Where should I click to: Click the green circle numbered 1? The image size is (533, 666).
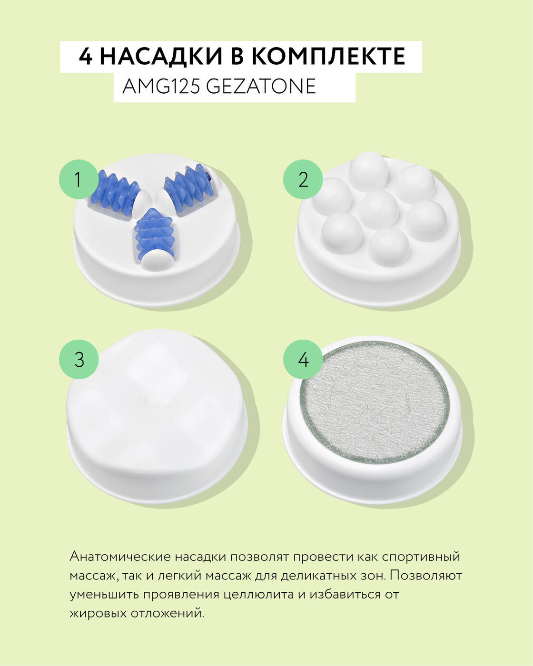click(x=79, y=179)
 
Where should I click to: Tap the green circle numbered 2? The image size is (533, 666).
click(x=303, y=179)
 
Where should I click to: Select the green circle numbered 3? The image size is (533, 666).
click(x=79, y=359)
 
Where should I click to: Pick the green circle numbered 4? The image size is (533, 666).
click(x=303, y=359)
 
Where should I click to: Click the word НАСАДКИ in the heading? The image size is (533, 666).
click(x=161, y=57)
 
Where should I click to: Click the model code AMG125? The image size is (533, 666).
click(x=161, y=87)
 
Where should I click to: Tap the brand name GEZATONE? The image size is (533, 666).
click(x=261, y=87)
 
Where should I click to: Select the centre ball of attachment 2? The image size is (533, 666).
click(x=379, y=209)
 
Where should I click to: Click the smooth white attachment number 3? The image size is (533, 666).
click(x=157, y=417)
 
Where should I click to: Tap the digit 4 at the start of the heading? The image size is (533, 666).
click(x=86, y=57)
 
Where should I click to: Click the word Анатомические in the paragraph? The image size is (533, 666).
click(x=120, y=557)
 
